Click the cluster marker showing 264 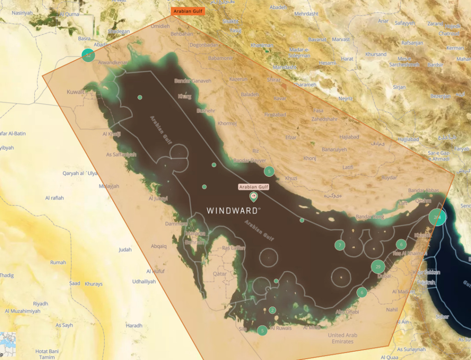click(x=437, y=217)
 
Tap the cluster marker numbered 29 click(x=378, y=267)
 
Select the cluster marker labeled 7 click(x=339, y=245)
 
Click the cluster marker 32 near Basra click(x=88, y=55)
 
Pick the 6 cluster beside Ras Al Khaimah click(x=402, y=244)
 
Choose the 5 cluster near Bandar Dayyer click(x=269, y=171)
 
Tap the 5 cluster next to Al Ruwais click(x=262, y=330)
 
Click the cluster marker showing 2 click(x=272, y=310)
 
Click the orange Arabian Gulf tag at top click(x=188, y=11)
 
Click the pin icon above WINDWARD click(x=253, y=197)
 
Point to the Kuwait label click(x=76, y=92)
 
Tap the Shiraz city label click(x=273, y=80)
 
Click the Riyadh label click(x=40, y=304)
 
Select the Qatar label click(x=219, y=273)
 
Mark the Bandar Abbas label click(x=423, y=191)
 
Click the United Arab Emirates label click(x=343, y=338)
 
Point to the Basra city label click(x=84, y=39)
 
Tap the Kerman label click(x=455, y=48)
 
